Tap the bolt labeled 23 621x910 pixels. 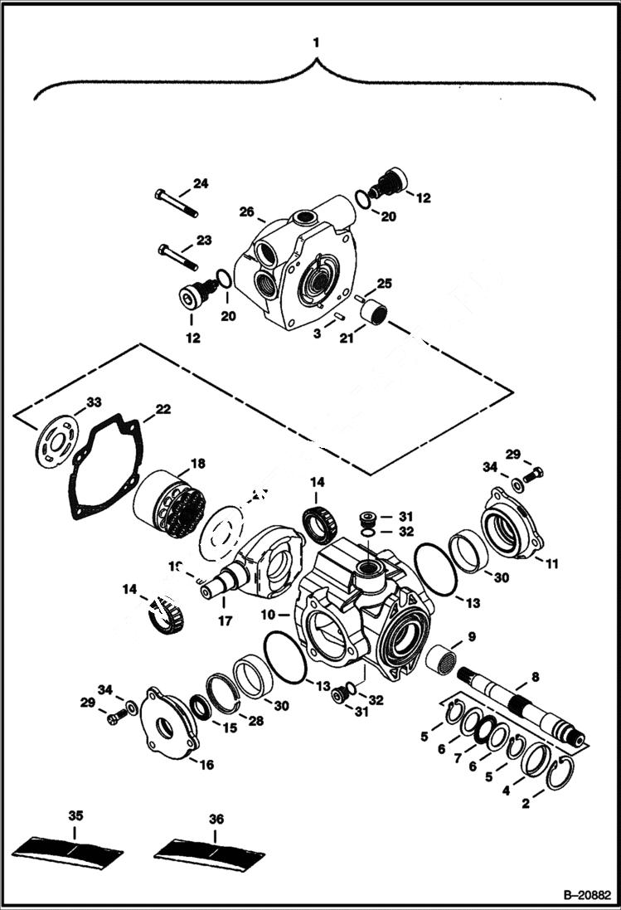(176, 256)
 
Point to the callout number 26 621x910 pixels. (246, 212)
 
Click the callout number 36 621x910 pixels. (216, 818)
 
